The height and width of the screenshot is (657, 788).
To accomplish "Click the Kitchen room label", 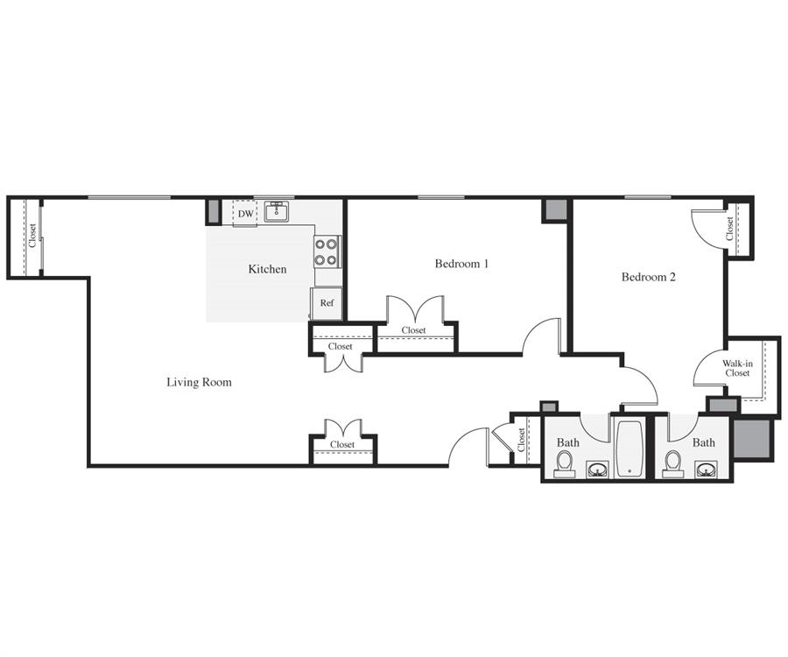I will pyautogui.click(x=267, y=269).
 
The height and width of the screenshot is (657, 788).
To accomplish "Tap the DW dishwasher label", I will pyautogui.click(x=245, y=214).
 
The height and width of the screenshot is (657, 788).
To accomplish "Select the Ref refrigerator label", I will pyautogui.click(x=327, y=303).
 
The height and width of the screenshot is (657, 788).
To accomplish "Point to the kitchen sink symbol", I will pyautogui.click(x=278, y=211).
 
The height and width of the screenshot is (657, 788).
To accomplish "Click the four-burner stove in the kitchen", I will pyautogui.click(x=327, y=253).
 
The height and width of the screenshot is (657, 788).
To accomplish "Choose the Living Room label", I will pyautogui.click(x=199, y=382).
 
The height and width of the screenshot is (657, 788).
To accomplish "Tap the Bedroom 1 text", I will pyautogui.click(x=461, y=264).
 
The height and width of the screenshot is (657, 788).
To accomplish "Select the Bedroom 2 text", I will pyautogui.click(x=648, y=277).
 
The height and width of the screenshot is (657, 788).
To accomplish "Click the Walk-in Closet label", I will pyautogui.click(x=736, y=368).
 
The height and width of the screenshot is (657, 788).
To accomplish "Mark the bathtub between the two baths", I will pyautogui.click(x=630, y=449).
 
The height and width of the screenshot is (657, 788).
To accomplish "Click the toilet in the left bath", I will pyautogui.click(x=566, y=463).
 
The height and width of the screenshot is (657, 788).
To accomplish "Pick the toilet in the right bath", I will pyautogui.click(x=673, y=463).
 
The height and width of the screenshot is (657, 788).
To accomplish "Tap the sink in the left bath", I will pyautogui.click(x=597, y=470).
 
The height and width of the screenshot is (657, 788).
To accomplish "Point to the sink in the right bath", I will pyautogui.click(x=706, y=470).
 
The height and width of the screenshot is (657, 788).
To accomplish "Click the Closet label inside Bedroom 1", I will pyautogui.click(x=414, y=330).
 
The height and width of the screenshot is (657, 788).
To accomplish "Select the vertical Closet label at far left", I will pyautogui.click(x=32, y=236).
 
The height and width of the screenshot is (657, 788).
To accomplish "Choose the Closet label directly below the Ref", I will pyautogui.click(x=341, y=346).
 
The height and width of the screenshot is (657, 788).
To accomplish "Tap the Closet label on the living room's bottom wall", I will pyautogui.click(x=342, y=445).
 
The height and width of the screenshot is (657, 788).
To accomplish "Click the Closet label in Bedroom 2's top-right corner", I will pyautogui.click(x=729, y=229).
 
